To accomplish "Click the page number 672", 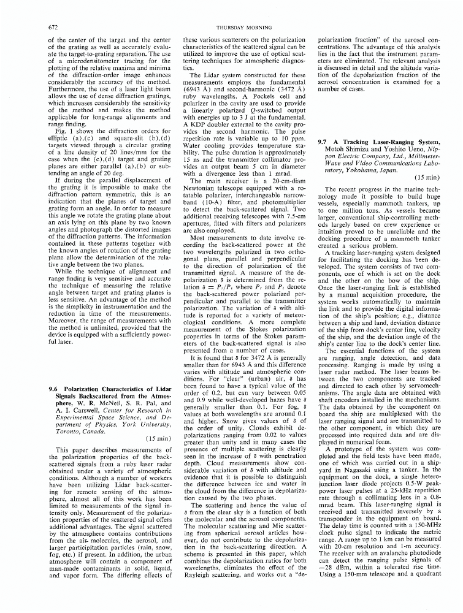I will click(x=54, y=27).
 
